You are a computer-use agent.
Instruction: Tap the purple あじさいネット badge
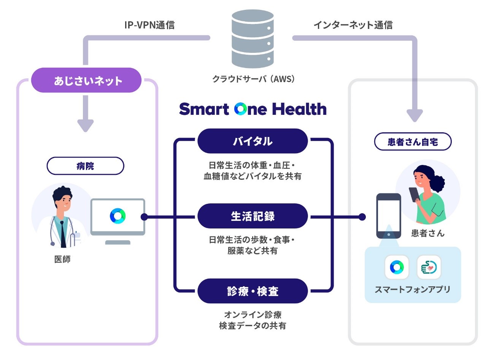point(86,80)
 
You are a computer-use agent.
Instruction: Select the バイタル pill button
point(253,141)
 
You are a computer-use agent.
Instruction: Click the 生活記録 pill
point(253,216)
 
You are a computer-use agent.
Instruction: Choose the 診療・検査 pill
point(253,291)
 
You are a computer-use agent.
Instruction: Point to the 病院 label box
point(85,166)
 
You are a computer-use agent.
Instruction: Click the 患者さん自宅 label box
point(413,142)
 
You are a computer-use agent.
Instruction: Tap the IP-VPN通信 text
point(149,25)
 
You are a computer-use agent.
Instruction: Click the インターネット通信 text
point(353,25)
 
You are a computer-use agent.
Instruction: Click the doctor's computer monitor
point(118,217)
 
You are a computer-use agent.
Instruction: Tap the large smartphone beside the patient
point(388,216)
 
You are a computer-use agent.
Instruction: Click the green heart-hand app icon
point(429,267)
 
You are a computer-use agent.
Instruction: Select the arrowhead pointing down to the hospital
point(86,126)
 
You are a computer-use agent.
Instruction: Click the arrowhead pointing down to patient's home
point(415,116)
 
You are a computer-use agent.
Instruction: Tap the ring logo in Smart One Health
point(241,109)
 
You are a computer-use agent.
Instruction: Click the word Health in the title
point(299,109)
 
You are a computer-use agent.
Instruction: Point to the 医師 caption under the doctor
point(62,259)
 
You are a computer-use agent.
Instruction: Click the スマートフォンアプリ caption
point(413,289)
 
